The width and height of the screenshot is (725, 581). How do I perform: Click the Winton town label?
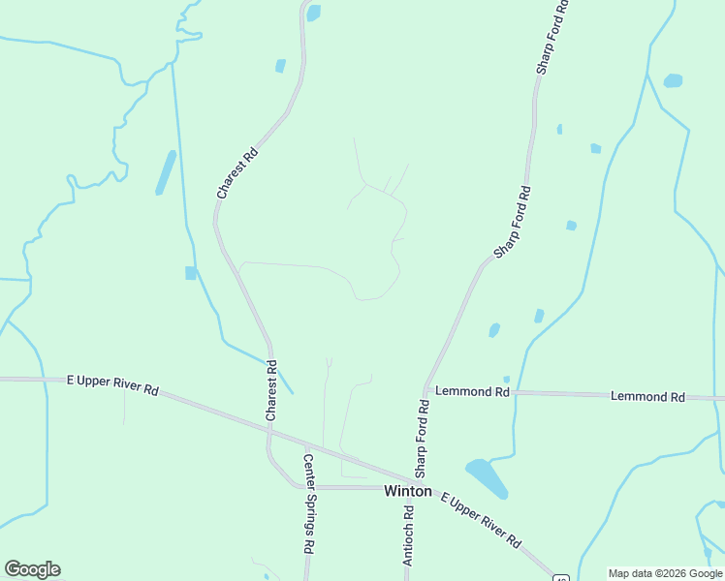point(407,491)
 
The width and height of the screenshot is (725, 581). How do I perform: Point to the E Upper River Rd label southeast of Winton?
point(481,521)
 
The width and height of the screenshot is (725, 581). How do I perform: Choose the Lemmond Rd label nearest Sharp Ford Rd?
point(472,392)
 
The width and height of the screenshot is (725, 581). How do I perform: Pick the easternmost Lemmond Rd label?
point(646,397)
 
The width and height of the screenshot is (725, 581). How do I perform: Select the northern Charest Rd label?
point(237,173)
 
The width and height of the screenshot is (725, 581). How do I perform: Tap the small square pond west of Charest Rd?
point(191,273)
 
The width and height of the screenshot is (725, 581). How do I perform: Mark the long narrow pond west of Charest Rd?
point(166,172)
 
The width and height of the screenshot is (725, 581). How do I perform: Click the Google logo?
point(32,569)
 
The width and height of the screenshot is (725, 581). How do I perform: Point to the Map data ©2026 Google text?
point(665,573)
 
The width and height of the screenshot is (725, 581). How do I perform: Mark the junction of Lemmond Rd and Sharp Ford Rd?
point(425,390)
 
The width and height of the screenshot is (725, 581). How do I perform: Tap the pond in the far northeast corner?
point(673,80)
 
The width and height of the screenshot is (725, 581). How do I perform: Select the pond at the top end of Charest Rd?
point(313,13)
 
